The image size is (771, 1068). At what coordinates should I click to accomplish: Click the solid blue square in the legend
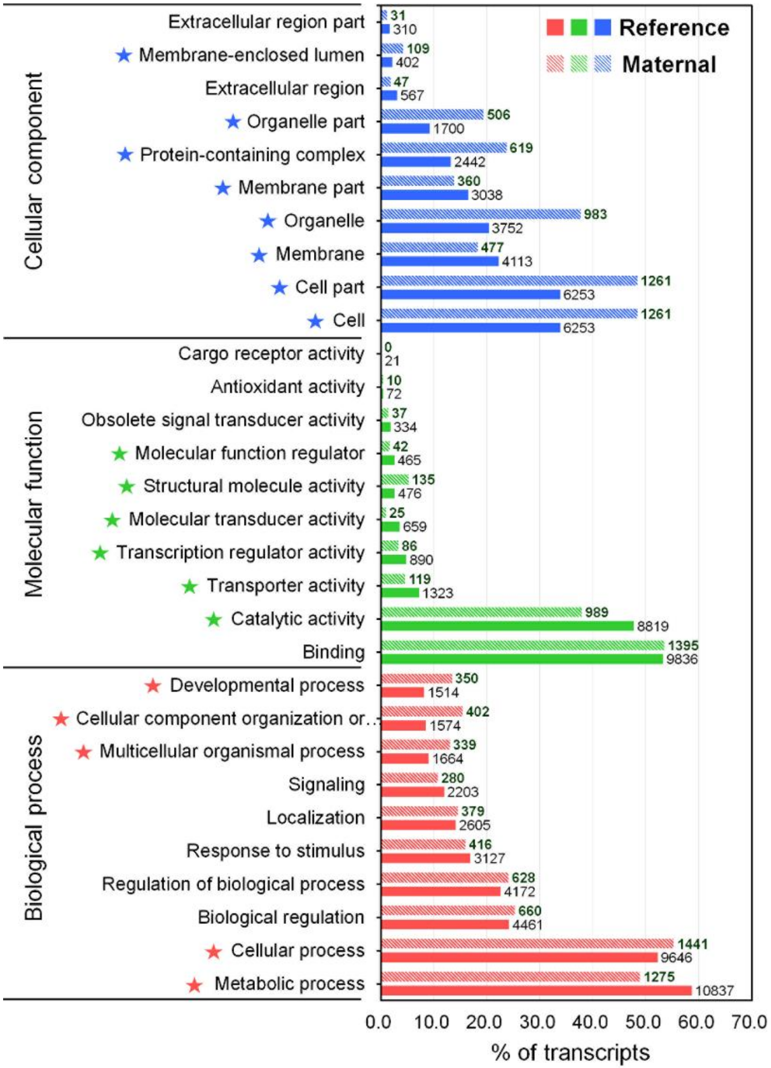(x=603, y=27)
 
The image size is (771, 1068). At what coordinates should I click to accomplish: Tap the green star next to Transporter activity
(x=189, y=586)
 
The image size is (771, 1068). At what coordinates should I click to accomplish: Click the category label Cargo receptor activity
(x=271, y=354)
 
